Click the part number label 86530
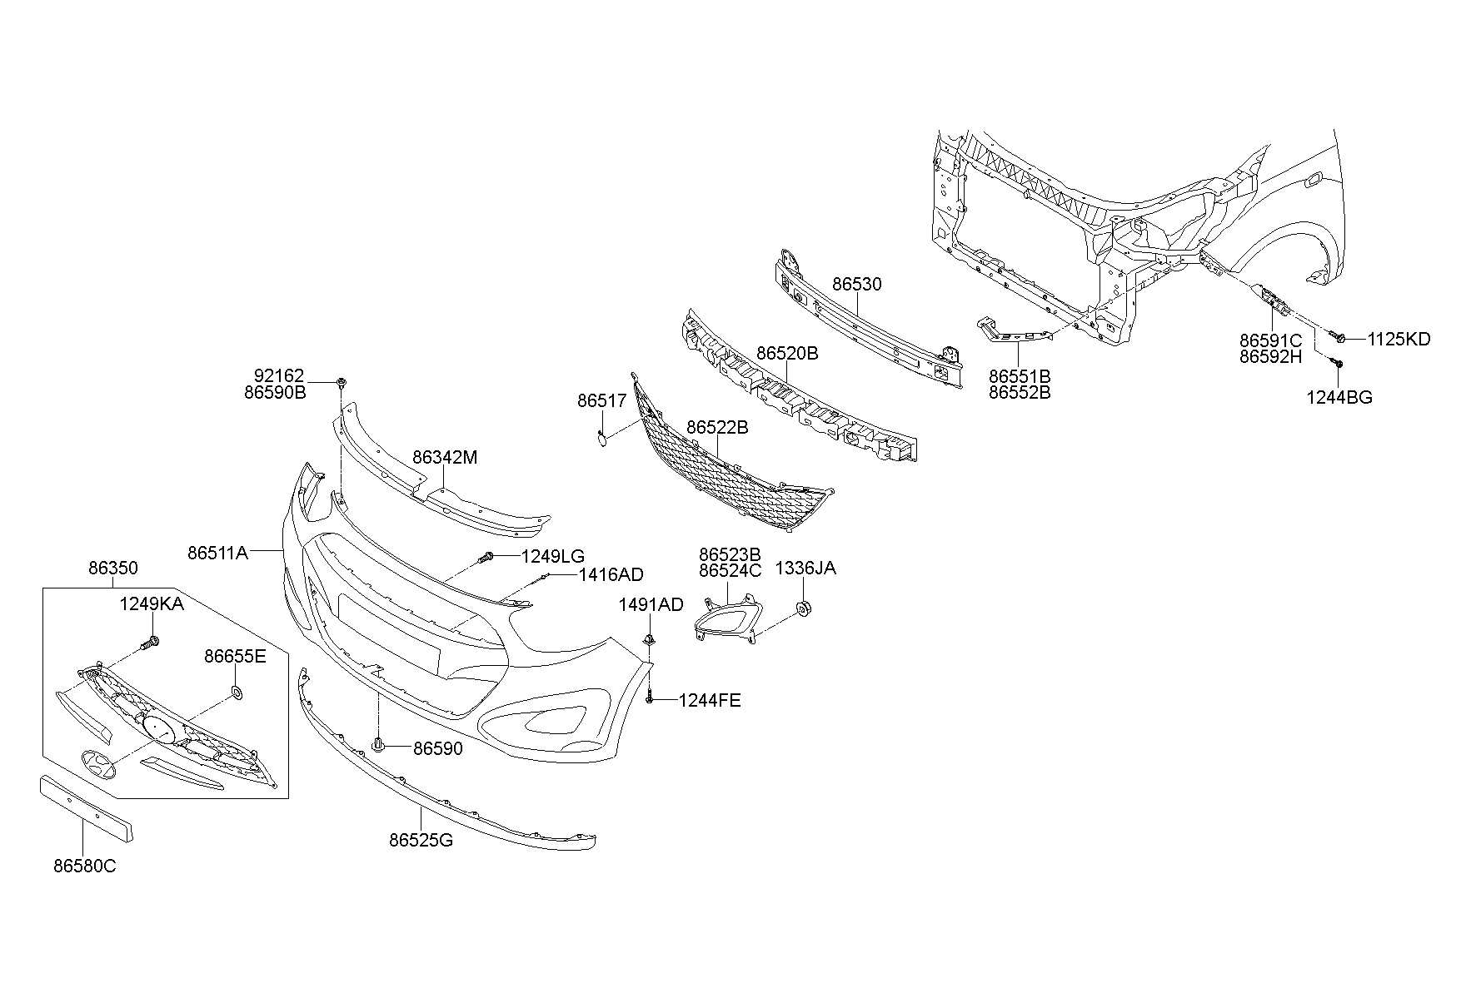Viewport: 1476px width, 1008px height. point(856,285)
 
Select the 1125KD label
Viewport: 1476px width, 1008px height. point(1399,340)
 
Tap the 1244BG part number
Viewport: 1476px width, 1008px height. point(1339,398)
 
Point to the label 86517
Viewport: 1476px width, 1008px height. point(601,401)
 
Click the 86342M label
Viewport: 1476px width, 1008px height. point(445,458)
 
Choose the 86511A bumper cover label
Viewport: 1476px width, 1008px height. point(217,553)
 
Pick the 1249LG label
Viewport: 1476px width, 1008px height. point(553,557)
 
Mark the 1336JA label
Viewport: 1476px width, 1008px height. point(805,569)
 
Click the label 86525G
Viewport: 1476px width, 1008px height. point(421,841)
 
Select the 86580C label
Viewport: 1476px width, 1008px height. point(85,866)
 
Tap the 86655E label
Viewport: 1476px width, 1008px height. point(235,657)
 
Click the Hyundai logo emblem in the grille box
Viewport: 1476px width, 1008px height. point(99,764)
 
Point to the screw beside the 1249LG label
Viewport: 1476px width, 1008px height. point(488,558)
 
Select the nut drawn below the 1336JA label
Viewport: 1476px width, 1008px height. point(804,608)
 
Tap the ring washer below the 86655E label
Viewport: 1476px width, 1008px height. point(237,693)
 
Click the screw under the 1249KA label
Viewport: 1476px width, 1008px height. point(151,643)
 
